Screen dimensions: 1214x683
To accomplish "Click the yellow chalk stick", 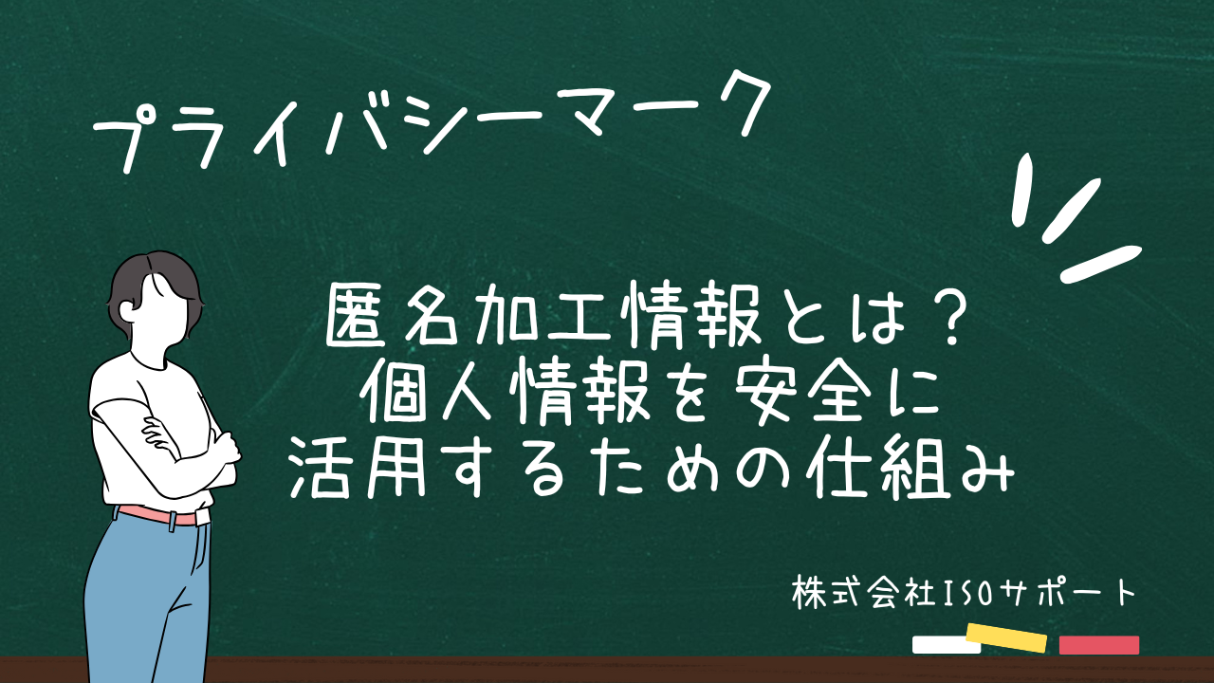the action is [x=1006, y=638].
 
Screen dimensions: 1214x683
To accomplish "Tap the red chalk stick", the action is [x=1099, y=645].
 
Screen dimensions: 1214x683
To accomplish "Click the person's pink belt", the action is [x=158, y=515].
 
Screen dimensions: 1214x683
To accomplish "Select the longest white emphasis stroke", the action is [x=1101, y=264].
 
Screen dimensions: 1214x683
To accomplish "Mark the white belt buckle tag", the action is [x=203, y=517].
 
